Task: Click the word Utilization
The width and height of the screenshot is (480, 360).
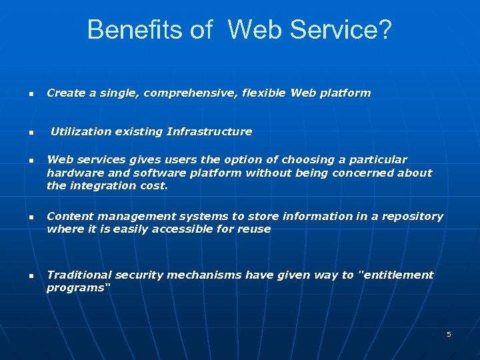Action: tap(81, 132)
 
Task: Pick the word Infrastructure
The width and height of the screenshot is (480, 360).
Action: tap(209, 132)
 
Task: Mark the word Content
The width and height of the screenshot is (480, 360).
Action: tap(69, 217)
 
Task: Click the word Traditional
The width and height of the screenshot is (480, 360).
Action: tap(79, 275)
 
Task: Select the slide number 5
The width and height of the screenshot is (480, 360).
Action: tap(449, 334)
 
